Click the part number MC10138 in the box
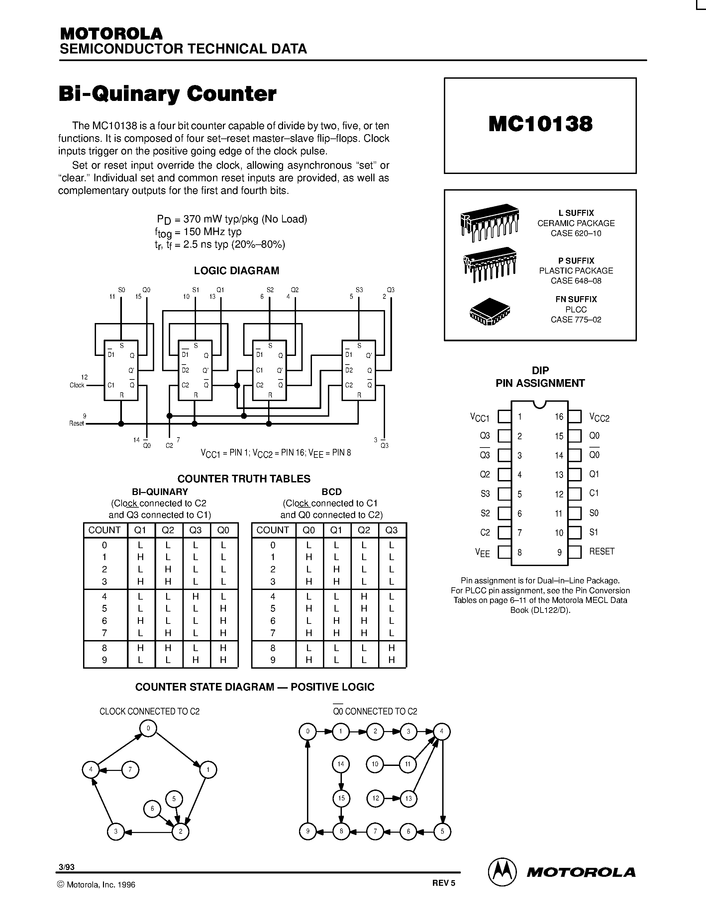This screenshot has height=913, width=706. pyautogui.click(x=540, y=124)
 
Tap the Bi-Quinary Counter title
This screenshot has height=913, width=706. pyautogui.click(x=167, y=94)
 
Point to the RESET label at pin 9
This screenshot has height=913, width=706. pyautogui.click(x=601, y=551)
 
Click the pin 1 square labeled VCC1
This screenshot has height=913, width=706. pyautogui.click(x=504, y=416)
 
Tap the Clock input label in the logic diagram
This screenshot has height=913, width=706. pyautogui.click(x=77, y=385)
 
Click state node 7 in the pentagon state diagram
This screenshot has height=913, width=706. pyautogui.click(x=130, y=770)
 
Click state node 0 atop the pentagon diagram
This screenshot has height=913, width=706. pyautogui.click(x=148, y=728)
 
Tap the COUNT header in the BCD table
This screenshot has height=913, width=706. pyautogui.click(x=272, y=530)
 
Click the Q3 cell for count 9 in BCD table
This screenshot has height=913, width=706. pyautogui.click(x=391, y=660)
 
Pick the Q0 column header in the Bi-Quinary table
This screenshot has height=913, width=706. pyautogui.click(x=223, y=530)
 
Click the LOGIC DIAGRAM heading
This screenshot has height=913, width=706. pyautogui.click(x=236, y=271)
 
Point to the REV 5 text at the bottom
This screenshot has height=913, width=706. pyautogui.click(x=443, y=883)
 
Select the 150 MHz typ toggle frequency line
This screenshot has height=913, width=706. pyautogui.click(x=198, y=232)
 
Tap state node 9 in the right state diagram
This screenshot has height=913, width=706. pyautogui.click(x=308, y=831)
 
